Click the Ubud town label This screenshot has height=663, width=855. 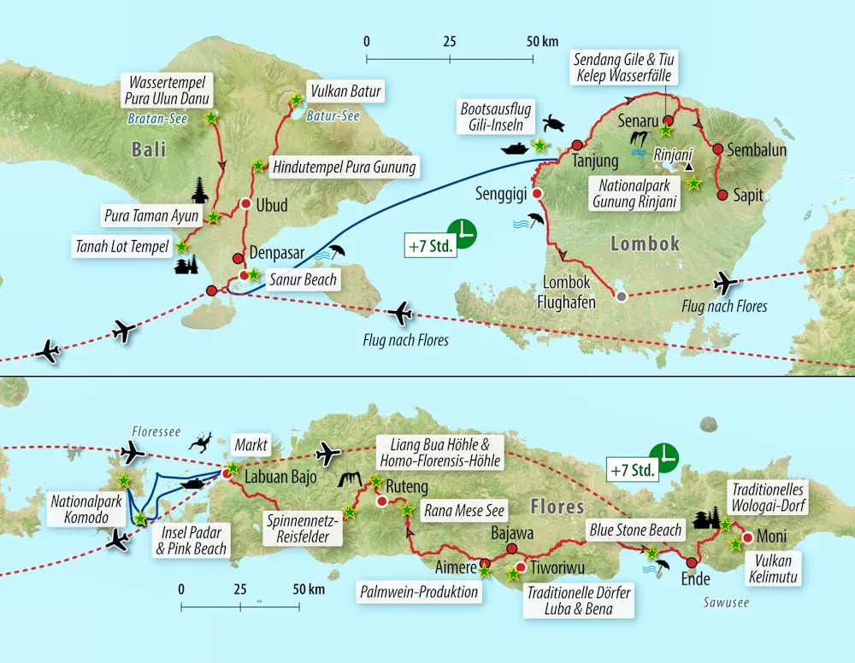point(272,205)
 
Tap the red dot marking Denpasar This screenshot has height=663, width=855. point(238,257)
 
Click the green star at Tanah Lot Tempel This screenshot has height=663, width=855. point(181,246)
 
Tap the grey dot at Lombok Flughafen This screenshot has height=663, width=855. point(622,296)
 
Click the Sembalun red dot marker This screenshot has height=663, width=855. point(718,150)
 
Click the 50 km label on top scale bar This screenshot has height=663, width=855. point(542,41)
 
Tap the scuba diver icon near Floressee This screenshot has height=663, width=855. point(201,444)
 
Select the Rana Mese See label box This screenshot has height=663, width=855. point(464,511)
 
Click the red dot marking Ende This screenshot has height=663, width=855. point(692,563)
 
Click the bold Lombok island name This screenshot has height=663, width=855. point(645,243)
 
